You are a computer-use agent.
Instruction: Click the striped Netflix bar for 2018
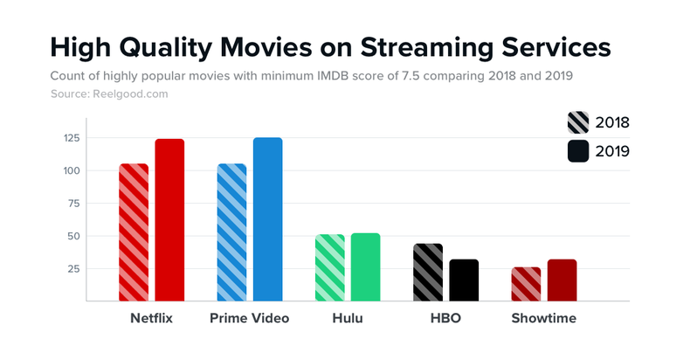[134, 232]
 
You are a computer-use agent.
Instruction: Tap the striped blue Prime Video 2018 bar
[231, 232]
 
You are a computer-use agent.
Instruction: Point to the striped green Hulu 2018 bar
[329, 267]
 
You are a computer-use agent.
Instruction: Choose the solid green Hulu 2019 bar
[365, 267]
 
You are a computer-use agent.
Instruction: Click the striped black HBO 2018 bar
[427, 272]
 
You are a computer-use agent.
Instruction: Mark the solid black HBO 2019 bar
[464, 280]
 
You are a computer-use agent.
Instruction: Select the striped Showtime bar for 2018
[526, 284]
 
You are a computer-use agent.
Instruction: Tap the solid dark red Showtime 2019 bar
[562, 280]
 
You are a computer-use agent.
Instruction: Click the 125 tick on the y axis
[71, 138]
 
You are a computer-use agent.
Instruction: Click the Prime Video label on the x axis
[249, 318]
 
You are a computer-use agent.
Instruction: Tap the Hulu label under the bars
[348, 318]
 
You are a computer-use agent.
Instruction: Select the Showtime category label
[543, 318]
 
